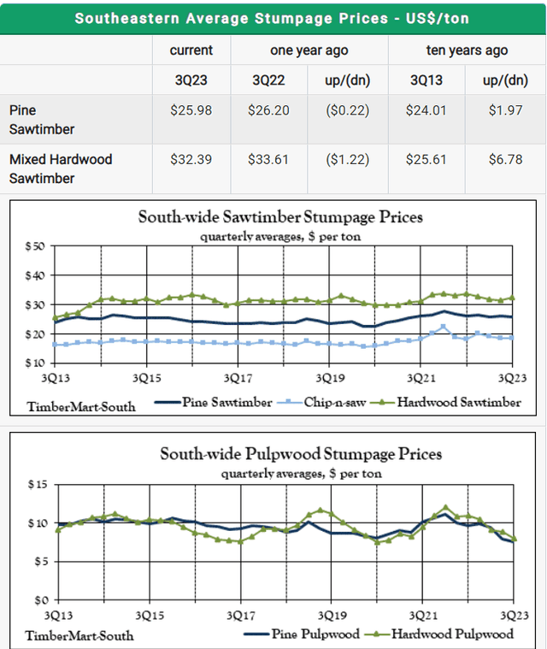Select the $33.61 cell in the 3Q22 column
269,159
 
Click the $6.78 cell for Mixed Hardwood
505,159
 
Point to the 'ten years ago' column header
467,50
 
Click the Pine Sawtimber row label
40,120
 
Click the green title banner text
273,17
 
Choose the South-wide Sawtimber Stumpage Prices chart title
280,217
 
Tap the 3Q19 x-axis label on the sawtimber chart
329,376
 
